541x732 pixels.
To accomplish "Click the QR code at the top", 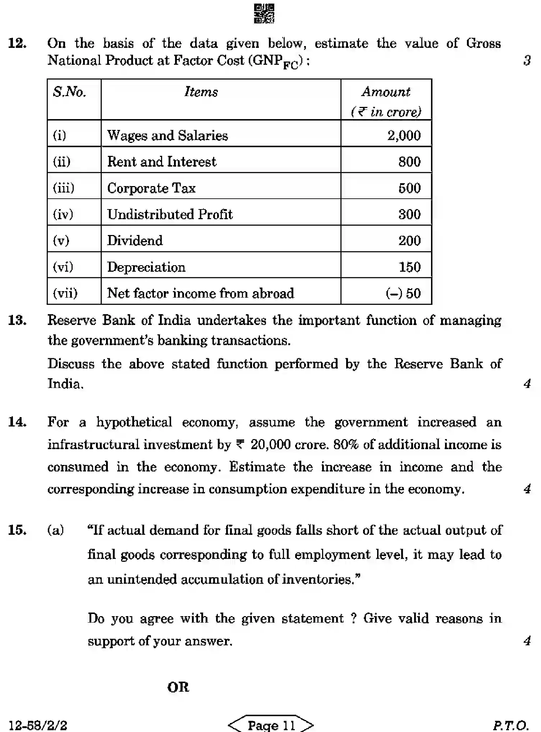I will (264, 14).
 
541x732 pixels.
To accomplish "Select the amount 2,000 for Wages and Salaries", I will (404, 136).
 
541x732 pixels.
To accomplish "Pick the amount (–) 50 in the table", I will (403, 293).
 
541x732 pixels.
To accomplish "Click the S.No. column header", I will (70, 92).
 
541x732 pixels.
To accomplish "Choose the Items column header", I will (201, 92).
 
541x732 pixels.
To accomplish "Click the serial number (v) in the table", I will (61, 240).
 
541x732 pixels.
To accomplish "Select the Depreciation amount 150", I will (409, 267).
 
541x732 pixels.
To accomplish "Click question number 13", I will (17, 320).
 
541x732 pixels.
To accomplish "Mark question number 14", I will (17, 422).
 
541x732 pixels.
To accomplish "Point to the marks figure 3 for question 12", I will (527, 60).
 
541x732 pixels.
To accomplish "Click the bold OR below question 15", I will (178, 687).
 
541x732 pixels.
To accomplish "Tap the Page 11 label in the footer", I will (271, 725).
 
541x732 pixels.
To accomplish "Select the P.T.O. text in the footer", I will (510, 725).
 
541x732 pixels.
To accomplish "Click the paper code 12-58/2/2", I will (38, 725).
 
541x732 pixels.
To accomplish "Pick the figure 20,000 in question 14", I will (270, 445).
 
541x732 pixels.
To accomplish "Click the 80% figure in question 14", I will (346, 445).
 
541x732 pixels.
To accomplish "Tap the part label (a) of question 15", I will (56, 530).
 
